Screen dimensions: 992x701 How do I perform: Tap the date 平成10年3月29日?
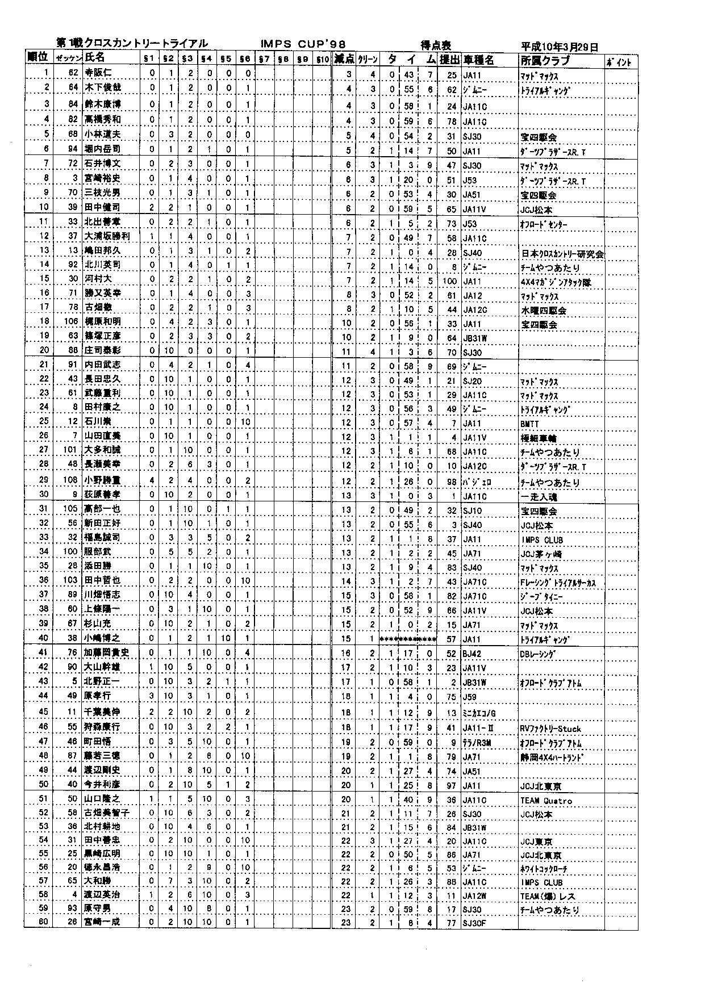559,47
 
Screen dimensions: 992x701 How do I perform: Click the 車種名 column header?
478,60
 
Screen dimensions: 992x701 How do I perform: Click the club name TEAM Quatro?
546,801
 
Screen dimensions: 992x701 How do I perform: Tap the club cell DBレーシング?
537,654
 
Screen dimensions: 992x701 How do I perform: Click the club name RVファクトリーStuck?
550,729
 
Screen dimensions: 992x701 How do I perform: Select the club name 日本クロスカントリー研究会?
562,254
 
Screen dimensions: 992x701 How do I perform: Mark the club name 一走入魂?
539,496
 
